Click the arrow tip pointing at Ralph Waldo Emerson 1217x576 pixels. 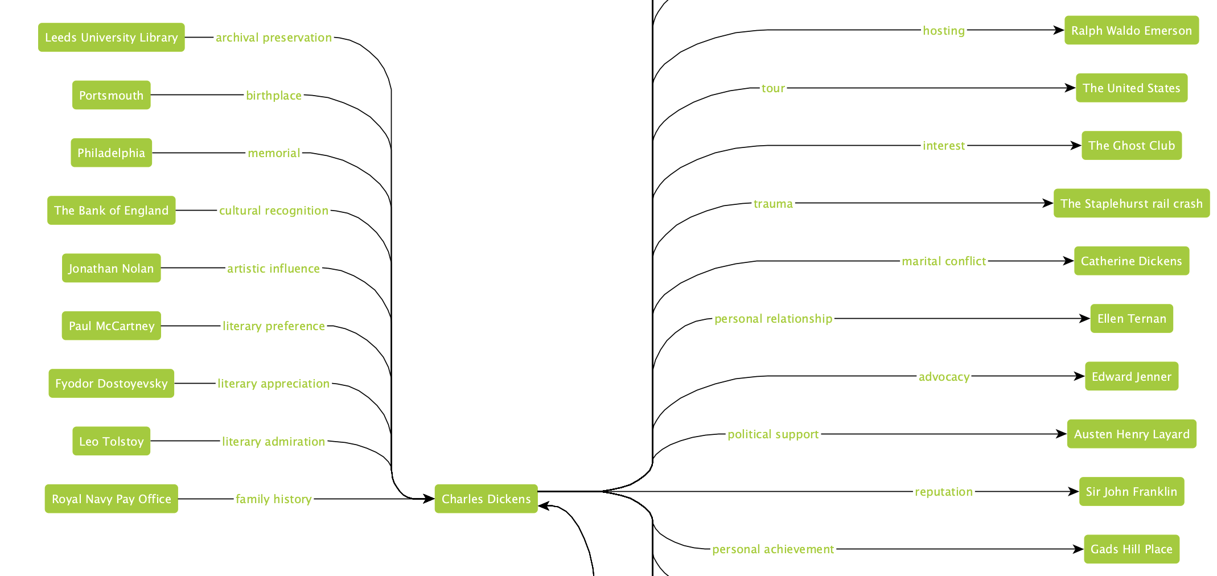(1064, 30)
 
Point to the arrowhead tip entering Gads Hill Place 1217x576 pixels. (1084, 549)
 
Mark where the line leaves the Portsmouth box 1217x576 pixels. (151, 95)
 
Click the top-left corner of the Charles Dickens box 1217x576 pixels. (435, 484)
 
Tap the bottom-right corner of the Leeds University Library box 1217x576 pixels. (185, 52)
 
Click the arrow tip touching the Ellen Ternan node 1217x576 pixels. (1091, 319)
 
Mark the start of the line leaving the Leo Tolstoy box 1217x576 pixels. (151, 441)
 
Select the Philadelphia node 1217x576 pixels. (112, 153)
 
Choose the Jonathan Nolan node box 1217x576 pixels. (112, 268)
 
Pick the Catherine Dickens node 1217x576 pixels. (1132, 261)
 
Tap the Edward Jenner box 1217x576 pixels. (1132, 376)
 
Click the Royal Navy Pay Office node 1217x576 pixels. (112, 499)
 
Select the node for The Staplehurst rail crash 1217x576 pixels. (1132, 203)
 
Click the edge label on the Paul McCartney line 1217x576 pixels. (274, 326)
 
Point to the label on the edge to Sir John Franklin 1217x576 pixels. (944, 492)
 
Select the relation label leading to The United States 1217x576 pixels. (774, 88)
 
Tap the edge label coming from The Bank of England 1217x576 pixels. (274, 211)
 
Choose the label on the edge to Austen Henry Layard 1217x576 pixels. (774, 434)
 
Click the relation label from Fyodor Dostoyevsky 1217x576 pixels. (274, 384)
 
